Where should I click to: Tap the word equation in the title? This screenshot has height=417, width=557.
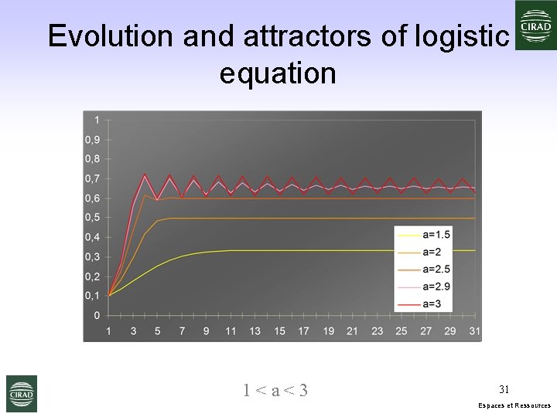(278, 73)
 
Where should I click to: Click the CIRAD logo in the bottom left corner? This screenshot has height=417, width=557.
(21, 393)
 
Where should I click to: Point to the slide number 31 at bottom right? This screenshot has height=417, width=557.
(504, 389)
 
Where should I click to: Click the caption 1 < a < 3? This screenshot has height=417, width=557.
(275, 391)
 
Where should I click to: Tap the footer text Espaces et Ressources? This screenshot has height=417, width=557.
(514, 405)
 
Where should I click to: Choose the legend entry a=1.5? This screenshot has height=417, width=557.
(436, 233)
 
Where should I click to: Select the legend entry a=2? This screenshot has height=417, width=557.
(432, 251)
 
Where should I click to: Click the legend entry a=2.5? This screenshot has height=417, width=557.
(436, 269)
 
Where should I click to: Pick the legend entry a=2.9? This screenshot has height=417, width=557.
(436, 286)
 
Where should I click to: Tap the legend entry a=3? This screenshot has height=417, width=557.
(432, 304)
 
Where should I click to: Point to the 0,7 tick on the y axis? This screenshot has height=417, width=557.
(93, 178)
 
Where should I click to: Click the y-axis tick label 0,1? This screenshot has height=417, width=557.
(93, 296)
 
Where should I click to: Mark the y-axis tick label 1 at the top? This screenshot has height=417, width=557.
(97, 120)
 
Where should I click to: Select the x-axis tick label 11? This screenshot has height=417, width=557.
(231, 331)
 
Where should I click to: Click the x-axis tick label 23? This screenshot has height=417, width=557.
(377, 331)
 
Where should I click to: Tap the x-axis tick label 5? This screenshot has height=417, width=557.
(158, 331)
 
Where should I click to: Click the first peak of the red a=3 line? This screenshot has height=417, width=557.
(145, 175)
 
